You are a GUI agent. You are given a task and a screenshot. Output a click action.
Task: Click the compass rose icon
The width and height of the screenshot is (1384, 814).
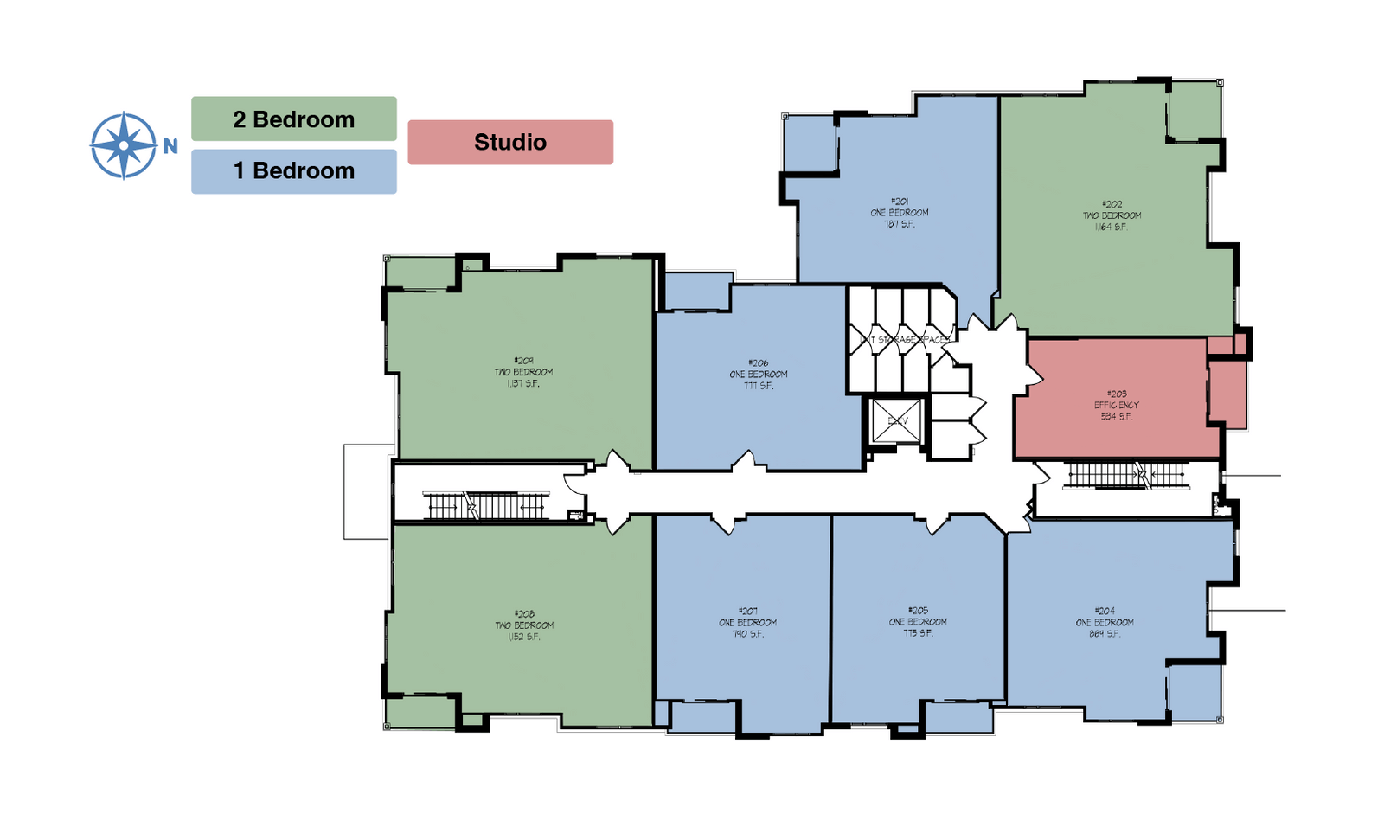124,145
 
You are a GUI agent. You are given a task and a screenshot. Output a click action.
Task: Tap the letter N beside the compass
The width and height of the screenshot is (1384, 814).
170,146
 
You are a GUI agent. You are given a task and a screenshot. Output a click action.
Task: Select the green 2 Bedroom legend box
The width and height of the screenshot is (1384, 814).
293,119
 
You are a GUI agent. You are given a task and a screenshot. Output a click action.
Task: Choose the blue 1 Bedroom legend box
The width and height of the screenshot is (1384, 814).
293,171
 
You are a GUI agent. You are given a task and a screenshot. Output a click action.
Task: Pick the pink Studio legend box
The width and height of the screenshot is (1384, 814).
510,143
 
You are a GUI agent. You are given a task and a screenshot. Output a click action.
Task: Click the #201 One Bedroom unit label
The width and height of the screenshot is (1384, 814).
900,212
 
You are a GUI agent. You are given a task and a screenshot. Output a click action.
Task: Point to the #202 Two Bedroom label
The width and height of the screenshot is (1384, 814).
1112,215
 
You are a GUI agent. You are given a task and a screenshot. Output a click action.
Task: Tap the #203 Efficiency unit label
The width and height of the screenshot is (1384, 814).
1116,404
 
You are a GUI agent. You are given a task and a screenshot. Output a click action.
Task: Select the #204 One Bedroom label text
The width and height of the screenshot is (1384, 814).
1105,622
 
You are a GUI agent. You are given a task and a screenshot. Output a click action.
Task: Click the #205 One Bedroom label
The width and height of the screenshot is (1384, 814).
918,621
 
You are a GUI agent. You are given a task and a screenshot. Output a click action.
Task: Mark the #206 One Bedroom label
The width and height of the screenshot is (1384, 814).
759,374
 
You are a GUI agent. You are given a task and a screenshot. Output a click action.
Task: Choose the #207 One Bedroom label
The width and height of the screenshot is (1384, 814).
747,622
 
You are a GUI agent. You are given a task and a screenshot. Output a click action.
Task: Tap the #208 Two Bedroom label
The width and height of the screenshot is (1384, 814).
524,625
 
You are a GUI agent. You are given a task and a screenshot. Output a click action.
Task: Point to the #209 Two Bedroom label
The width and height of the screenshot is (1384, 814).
523,371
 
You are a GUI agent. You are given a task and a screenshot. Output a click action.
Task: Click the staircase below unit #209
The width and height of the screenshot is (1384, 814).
486,505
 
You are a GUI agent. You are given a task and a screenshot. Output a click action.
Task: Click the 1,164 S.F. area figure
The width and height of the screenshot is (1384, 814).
1111,227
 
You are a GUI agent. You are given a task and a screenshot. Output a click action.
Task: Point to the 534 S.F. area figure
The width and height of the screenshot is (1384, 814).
1116,416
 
